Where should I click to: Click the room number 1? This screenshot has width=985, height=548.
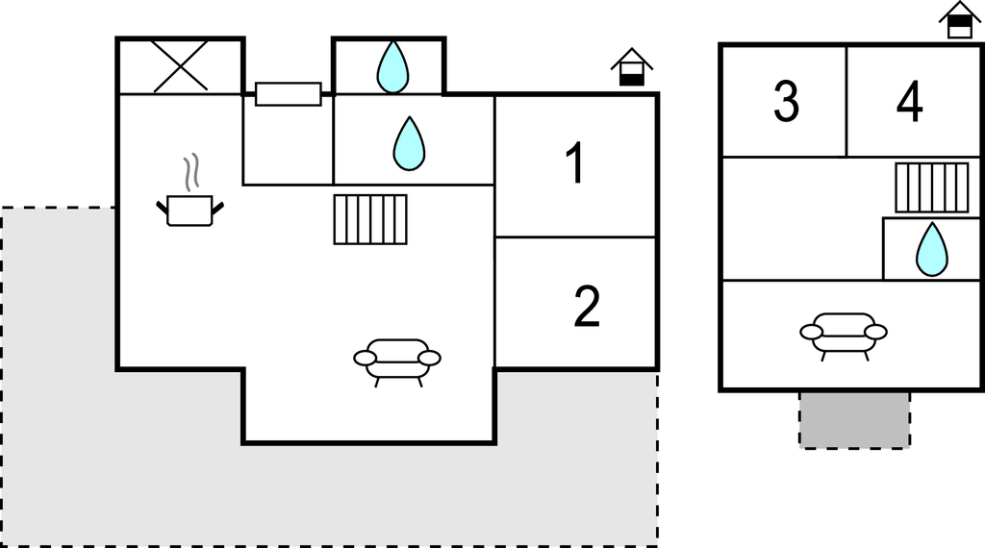(x=574, y=163)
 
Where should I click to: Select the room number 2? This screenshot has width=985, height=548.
(x=586, y=307)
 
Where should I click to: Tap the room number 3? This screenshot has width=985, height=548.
(x=786, y=102)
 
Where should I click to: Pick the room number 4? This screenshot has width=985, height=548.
(x=909, y=102)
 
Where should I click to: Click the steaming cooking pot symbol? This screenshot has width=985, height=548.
(x=189, y=209)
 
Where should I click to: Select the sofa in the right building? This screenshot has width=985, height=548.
(x=844, y=333)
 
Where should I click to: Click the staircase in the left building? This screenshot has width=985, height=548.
(x=370, y=219)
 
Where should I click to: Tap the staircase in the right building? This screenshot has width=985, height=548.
(x=932, y=187)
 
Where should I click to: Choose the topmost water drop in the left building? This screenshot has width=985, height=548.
(x=391, y=66)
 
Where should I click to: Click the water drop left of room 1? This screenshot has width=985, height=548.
(x=409, y=143)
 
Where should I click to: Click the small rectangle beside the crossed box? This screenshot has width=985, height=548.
(x=288, y=94)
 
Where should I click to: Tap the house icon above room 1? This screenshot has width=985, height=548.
(x=631, y=67)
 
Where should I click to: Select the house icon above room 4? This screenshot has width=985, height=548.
(x=959, y=19)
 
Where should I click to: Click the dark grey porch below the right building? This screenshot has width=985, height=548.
(x=854, y=419)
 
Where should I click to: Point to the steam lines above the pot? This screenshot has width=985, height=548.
(x=191, y=171)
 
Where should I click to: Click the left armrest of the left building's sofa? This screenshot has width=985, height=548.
(x=366, y=359)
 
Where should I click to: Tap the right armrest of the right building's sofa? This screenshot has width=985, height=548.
(x=875, y=332)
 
